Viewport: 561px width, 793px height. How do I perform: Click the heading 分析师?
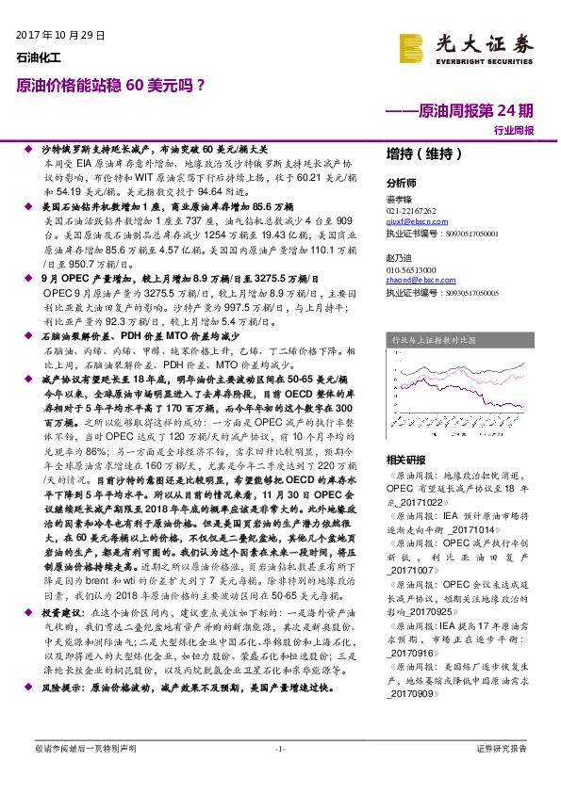[x=402, y=184]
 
